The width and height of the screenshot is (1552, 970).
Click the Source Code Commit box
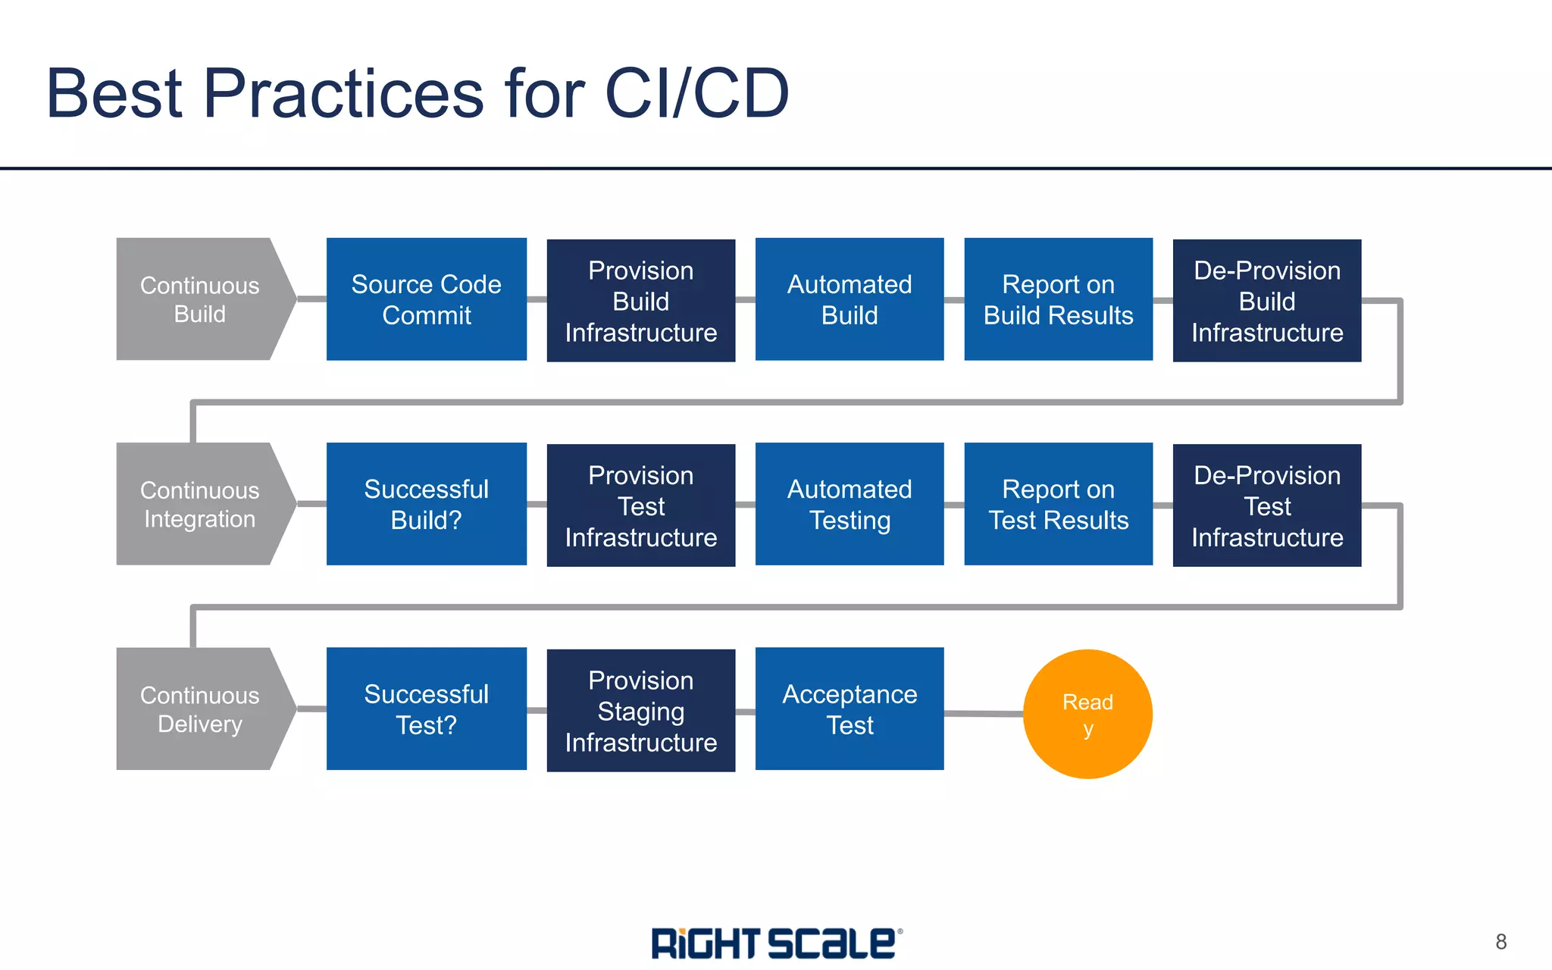coord(426,299)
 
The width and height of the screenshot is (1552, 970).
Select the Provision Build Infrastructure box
coord(640,301)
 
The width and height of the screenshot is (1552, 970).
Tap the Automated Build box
coord(849,299)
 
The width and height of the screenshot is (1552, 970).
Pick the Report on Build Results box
coord(1058,299)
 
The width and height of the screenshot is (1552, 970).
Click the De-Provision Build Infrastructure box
coord(1266,301)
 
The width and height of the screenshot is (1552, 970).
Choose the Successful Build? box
coord(426,504)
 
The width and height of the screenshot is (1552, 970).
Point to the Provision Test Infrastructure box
coord(640,505)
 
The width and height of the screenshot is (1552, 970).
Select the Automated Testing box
coord(849,504)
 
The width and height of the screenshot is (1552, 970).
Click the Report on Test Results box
coord(1058,504)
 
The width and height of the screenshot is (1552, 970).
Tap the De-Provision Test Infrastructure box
coord(1266,505)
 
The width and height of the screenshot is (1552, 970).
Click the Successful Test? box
coord(426,709)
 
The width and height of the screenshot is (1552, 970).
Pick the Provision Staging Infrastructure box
coord(640,711)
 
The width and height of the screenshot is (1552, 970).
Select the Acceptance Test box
coord(849,709)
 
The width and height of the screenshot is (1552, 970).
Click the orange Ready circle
coord(1087,714)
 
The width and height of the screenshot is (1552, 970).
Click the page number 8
coord(1500,942)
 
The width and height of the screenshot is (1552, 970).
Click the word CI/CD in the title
coord(696,93)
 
